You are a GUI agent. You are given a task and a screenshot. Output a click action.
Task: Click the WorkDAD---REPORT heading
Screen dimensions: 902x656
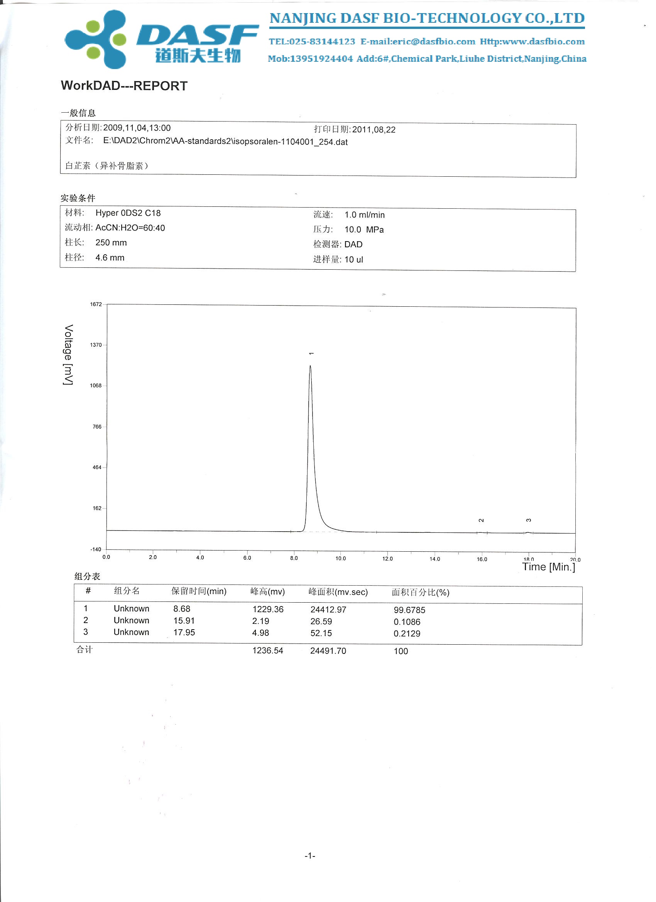[x=124, y=86]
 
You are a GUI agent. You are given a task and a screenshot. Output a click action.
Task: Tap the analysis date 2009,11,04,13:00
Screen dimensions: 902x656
[x=137, y=128]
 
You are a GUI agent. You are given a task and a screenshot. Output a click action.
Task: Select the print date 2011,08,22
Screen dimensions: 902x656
[x=374, y=130]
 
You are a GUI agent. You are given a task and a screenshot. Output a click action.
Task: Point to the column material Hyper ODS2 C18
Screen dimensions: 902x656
[x=128, y=213]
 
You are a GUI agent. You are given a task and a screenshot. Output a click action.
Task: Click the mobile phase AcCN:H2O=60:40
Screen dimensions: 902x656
[x=130, y=228]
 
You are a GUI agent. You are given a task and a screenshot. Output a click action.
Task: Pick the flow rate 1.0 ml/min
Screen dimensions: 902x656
[x=364, y=215]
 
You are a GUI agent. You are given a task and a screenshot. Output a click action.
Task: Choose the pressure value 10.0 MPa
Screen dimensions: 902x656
[x=364, y=230]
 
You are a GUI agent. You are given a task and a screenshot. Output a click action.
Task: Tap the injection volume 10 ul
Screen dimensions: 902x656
[x=353, y=260]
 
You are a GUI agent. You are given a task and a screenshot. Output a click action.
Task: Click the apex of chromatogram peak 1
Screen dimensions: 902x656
[x=310, y=366]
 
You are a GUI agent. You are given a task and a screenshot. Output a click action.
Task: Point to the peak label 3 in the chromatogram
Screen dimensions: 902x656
[x=528, y=520]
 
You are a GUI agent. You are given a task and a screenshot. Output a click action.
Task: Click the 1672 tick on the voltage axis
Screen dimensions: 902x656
[x=96, y=305]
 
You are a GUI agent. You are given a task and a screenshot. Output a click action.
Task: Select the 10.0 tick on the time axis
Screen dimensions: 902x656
[x=340, y=558]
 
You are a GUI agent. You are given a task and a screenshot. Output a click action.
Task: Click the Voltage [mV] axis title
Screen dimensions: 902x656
[x=68, y=355]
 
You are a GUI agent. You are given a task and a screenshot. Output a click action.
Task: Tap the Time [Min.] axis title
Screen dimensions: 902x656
[x=549, y=567]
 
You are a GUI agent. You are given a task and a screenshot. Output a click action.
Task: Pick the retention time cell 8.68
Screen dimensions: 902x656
[x=182, y=609]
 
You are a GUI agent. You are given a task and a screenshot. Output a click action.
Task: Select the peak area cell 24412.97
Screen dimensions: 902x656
[x=328, y=610]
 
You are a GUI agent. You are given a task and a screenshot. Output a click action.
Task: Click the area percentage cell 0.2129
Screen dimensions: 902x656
[x=407, y=633]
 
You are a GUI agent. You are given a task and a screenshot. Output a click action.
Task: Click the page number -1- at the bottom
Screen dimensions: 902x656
[x=310, y=856]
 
